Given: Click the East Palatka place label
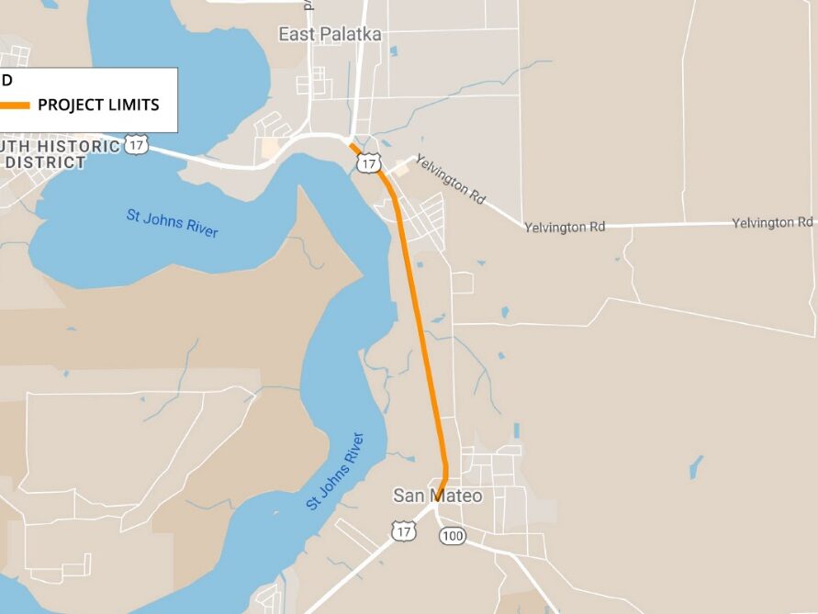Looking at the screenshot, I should pos(330,35).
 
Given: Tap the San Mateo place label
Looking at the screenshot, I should pos(437,496).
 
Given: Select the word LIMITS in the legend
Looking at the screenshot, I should pos(133,105).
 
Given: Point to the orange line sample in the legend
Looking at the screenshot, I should pos(15,105).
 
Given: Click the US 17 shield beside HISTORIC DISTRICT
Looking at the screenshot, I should pos(137,145).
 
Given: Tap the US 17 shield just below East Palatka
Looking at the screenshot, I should pos(369,163).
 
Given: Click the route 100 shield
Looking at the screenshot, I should pos(452,535).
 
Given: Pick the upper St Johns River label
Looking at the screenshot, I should pos(173,224).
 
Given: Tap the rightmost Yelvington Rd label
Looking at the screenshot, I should pos(772,223).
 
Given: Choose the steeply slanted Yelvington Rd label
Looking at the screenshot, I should pos(450,179).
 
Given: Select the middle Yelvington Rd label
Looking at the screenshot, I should pos(565,227).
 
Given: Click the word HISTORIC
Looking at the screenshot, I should pos(84,147).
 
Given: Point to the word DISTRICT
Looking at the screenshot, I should pos(46,162).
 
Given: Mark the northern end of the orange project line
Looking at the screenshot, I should pos(351,143).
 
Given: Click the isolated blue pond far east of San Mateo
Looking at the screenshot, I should pos(696,466).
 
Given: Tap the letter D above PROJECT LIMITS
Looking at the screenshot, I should pos(6,80).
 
